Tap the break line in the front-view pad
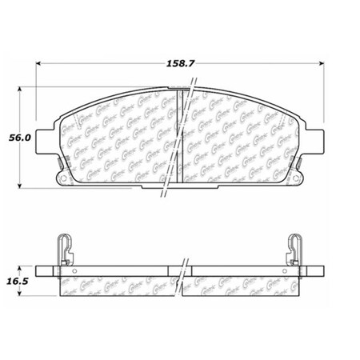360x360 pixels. tap(182, 136)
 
